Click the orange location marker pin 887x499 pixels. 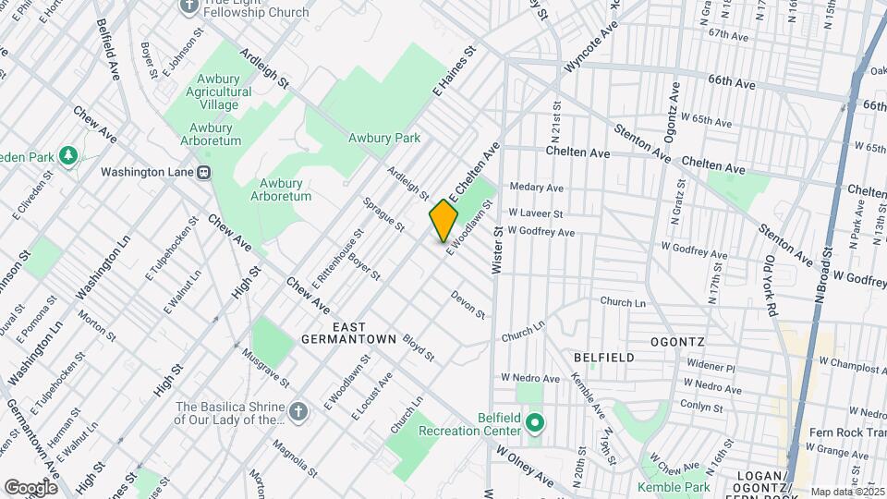443,220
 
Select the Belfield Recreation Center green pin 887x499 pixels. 534,424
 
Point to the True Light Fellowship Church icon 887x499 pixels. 188,6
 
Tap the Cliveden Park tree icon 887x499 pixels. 67,157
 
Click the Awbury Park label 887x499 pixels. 384,139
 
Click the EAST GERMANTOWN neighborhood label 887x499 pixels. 347,334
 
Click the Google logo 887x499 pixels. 30,487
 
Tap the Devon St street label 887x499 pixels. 468,305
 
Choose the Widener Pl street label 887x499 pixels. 710,367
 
